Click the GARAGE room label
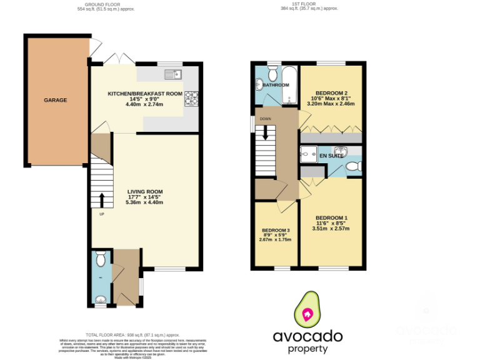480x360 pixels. tap(55, 100)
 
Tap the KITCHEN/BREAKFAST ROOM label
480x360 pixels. tap(145, 94)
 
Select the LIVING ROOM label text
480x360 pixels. tap(145, 192)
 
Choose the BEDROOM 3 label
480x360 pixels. tap(276, 229)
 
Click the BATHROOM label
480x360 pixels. tap(276, 85)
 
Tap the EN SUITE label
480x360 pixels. tap(331, 156)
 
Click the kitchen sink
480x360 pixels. tap(172, 75)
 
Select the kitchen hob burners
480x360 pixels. tap(191, 99)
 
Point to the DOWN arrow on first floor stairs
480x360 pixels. tap(266, 132)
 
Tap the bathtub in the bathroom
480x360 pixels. tap(289, 91)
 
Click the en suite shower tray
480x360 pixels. tap(308, 154)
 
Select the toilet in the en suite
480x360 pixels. tap(352, 166)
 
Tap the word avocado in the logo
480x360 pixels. tap(307, 336)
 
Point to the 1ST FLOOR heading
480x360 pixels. tap(309, 4)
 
